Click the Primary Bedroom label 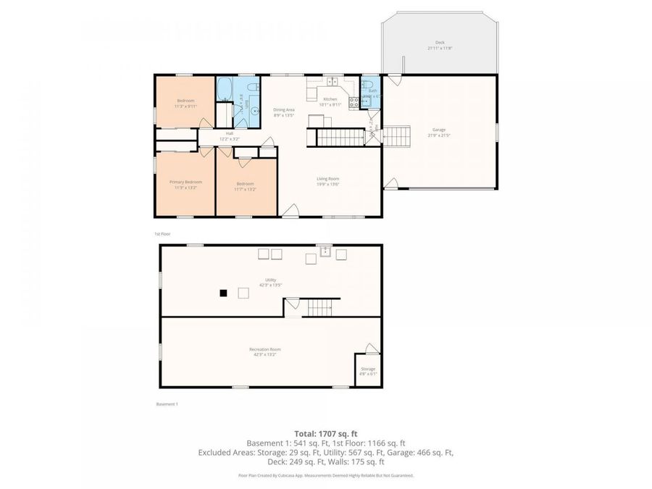185,182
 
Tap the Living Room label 328,178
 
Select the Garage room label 439,130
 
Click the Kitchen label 330,99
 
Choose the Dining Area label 284,109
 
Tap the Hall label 230,133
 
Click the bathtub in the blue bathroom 225,90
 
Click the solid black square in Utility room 224,293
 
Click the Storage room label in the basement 368,369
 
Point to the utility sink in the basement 326,253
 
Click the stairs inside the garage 396,135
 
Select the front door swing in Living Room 291,210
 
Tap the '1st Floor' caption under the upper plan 162,234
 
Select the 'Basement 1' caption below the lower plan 167,404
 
